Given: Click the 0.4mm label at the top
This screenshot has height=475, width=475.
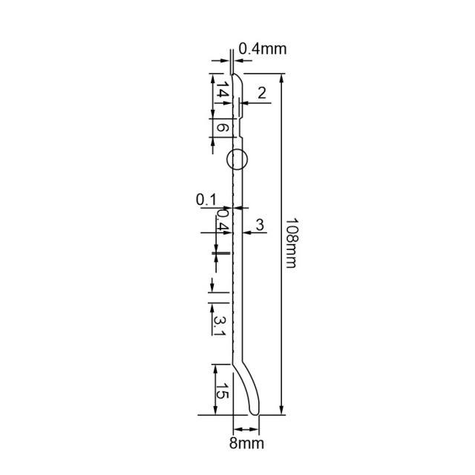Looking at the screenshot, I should pyautogui.click(x=262, y=50).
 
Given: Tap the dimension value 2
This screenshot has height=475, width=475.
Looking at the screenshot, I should pyautogui.click(x=261, y=93).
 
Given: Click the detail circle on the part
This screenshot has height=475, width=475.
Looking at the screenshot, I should pyautogui.click(x=236, y=159).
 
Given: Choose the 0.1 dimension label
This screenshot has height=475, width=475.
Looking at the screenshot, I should pyautogui.click(x=206, y=199).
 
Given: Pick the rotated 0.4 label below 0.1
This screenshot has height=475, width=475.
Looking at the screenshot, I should pyautogui.click(x=222, y=221).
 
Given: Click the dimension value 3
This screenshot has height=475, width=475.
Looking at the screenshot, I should pyautogui.click(x=260, y=223).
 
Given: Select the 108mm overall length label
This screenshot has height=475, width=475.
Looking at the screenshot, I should pyautogui.click(x=290, y=243).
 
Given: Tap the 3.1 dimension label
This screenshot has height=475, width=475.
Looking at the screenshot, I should pyautogui.click(x=220, y=324).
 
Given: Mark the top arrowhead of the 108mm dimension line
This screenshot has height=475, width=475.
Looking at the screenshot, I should pyautogui.click(x=281, y=77).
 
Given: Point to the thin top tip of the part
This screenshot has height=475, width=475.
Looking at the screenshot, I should pyautogui.click(x=234, y=74).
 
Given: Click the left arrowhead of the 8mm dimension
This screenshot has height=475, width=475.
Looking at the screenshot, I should pyautogui.click(x=237, y=430).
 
